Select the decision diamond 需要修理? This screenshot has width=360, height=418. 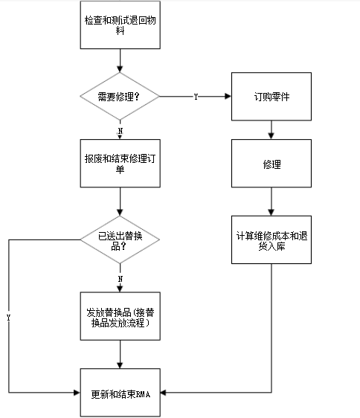(120, 97)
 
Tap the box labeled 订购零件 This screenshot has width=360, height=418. (271, 97)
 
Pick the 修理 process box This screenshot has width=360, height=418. (271, 163)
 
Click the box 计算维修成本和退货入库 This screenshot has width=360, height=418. (271, 241)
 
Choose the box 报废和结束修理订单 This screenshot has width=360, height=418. (120, 163)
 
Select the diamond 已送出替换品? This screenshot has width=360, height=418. (120, 240)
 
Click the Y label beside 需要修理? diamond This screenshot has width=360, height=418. (196, 97)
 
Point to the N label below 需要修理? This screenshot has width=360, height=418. (120, 130)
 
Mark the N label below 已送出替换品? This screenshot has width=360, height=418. (120, 278)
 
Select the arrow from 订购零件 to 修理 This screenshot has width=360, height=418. (271, 129)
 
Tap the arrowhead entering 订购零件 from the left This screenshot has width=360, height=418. (227, 97)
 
